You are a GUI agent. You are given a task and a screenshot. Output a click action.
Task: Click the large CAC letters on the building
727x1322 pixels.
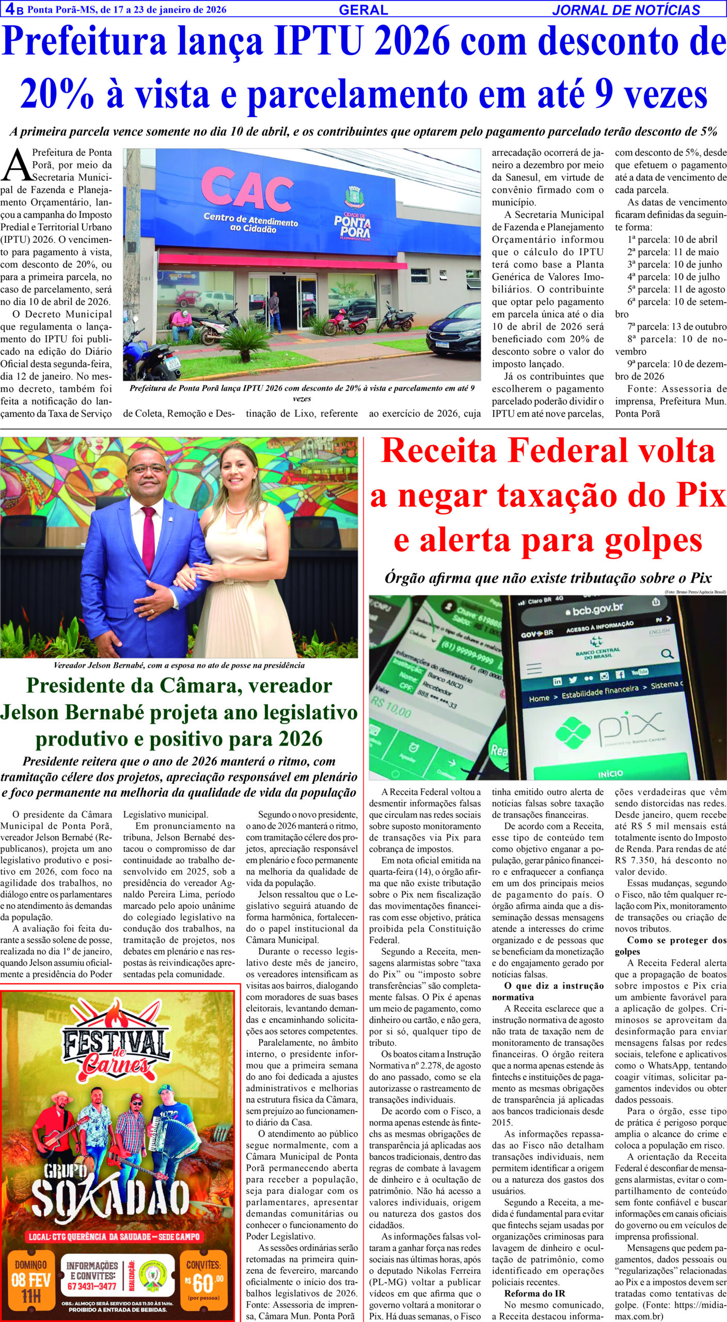pos(247,189)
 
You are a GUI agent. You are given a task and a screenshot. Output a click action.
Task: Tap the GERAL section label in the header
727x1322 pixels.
pos(363,10)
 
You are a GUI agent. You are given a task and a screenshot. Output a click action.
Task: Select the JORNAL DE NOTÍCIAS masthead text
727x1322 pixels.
pos(626,10)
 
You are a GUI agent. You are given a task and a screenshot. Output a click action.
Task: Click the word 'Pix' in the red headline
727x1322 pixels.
pos(700,496)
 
